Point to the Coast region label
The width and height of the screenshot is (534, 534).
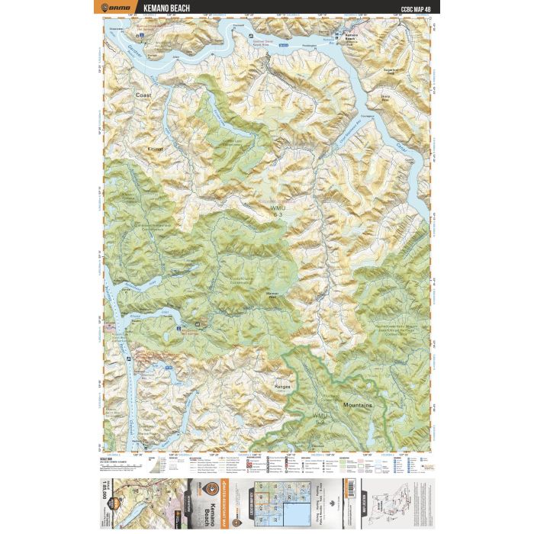(143, 95)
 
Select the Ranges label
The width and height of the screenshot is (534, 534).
(282, 387)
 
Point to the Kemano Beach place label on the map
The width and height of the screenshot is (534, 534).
(347, 37)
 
